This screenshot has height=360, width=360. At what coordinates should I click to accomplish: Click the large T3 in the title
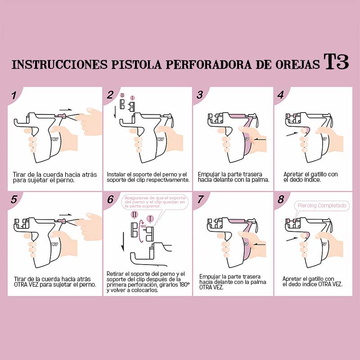[x=336, y=63]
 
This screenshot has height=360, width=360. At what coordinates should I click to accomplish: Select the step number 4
[x=281, y=95]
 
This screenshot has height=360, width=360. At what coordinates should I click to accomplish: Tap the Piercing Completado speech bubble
[x=323, y=206]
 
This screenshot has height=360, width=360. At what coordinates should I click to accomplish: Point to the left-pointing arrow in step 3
[x=260, y=140]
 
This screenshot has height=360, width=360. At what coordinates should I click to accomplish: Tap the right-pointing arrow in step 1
[x=66, y=109]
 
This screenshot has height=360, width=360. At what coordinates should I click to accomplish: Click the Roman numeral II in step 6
[x=134, y=214]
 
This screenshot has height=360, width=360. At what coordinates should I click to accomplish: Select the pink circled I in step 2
[x=132, y=98]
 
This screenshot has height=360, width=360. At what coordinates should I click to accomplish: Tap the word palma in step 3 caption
[x=261, y=180]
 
